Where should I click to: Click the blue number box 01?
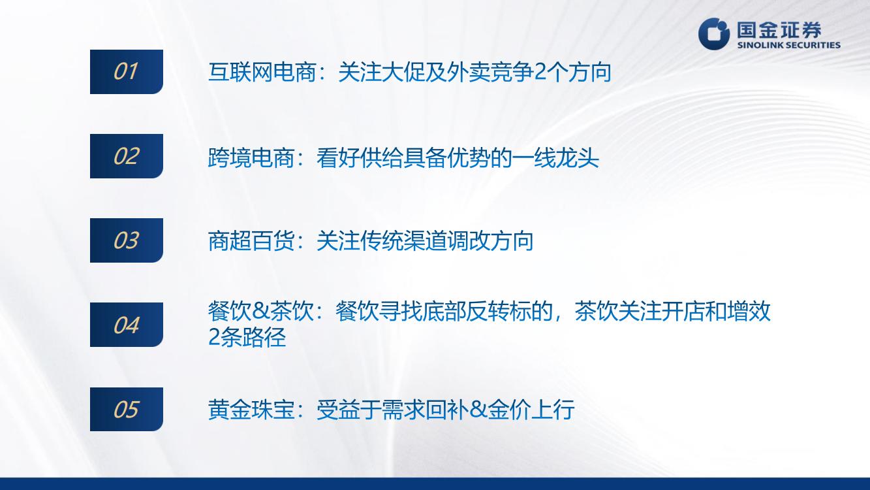coord(127,72)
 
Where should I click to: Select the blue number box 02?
coord(127,156)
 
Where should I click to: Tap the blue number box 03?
coord(127,240)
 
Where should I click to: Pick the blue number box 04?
coord(127,325)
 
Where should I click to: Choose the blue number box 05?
coord(127,409)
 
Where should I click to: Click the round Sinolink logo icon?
coord(714,34)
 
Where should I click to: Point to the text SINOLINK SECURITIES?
coord(789,45)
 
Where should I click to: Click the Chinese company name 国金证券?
coord(779,30)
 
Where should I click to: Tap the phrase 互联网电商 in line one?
coord(262,72)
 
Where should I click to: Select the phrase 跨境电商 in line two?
coord(251,157)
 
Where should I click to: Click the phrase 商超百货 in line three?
coord(251,241)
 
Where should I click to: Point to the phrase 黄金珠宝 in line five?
coord(251,410)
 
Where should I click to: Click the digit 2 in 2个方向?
coord(540,73)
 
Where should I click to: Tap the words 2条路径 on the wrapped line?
coord(247,336)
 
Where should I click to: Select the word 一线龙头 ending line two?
coord(555,157)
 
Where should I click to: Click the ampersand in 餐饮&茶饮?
coord(260,312)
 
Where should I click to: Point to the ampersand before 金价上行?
coord(478,410)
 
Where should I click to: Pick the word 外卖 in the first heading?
coord(469,72)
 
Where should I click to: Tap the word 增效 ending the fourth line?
coord(749,311)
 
